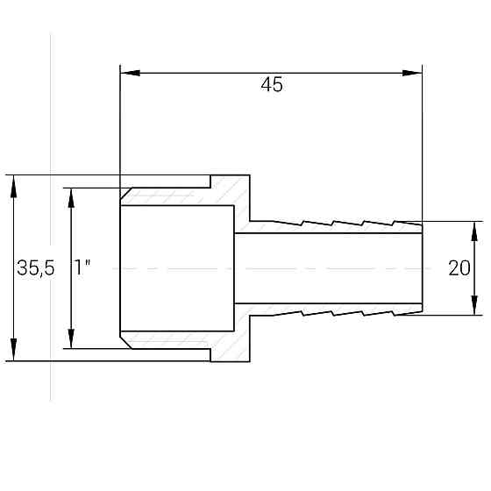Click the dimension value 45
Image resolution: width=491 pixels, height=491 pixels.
coord(272,85)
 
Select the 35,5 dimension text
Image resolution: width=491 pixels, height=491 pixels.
coord(35,269)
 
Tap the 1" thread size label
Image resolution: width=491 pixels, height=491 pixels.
coord(83,269)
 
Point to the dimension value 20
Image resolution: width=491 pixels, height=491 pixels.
coord(459,269)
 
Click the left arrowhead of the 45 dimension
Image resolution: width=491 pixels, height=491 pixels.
coord(126,72)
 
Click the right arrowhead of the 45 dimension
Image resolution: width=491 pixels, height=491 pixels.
coord(415,72)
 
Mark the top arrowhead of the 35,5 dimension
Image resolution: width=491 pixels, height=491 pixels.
coord(13,181)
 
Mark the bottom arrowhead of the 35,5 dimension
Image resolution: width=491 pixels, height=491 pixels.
coord(13,353)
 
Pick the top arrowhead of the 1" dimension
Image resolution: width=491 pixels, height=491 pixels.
coord(72,195)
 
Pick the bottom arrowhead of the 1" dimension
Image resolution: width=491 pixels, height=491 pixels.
coord(72,341)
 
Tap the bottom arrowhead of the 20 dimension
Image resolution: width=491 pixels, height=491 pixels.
coord(474,308)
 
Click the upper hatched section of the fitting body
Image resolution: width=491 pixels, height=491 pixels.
coord(233,195)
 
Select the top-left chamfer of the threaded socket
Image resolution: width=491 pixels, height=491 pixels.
coord(126,195)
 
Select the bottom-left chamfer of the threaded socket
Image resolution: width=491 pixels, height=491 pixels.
coord(126,339)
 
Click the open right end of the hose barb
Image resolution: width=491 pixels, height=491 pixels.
coord(422,267)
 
